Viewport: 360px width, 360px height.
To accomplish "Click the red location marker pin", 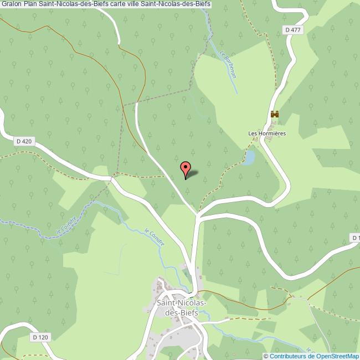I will click(x=186, y=168).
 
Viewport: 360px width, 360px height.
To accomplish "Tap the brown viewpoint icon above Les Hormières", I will click(x=274, y=114).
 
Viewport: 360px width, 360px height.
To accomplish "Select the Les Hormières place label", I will click(x=266, y=133).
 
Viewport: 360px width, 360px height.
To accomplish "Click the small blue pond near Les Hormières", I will click(x=249, y=158).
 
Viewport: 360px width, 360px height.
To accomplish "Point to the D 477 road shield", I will click(x=293, y=30).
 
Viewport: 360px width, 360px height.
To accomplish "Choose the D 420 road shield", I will click(x=25, y=141).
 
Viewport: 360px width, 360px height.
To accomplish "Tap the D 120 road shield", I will click(x=40, y=337).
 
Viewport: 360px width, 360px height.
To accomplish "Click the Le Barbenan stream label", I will click(x=228, y=65).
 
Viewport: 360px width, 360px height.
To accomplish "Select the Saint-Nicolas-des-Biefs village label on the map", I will click(x=182, y=307).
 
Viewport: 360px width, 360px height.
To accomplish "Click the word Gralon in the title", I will click(x=12, y=5).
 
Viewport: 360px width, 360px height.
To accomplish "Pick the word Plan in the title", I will click(x=31, y=5).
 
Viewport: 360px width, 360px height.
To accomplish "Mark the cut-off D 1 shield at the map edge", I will click(x=355, y=238).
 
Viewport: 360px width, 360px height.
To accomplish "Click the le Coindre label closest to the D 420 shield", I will click(x=67, y=223).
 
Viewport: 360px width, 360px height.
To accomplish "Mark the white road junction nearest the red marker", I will click(x=197, y=215).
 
